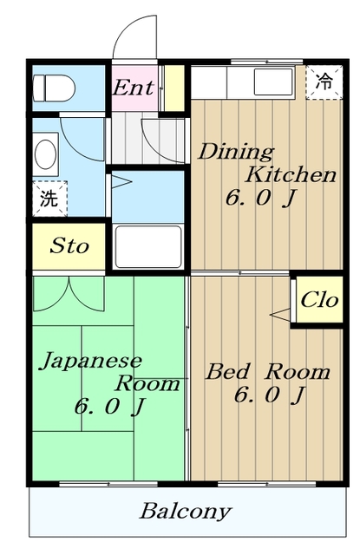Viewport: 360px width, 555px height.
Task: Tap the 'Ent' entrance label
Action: pos(134,87)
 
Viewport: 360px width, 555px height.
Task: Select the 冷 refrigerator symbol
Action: pos(323,82)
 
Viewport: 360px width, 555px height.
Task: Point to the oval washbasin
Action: pos(45,153)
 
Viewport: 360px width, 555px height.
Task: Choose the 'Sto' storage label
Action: pos(69,245)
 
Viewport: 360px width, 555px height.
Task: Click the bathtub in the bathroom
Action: pos(147,246)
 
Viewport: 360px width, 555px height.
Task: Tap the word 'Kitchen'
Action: pos(290,174)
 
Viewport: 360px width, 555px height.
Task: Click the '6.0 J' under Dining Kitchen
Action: pos(260,198)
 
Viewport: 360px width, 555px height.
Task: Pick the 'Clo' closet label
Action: pos(318,300)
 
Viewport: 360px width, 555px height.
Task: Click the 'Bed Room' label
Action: pos(267,372)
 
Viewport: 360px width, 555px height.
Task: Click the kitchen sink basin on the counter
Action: pos(272,84)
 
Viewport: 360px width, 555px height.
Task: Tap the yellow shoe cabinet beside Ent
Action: pos(173,87)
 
